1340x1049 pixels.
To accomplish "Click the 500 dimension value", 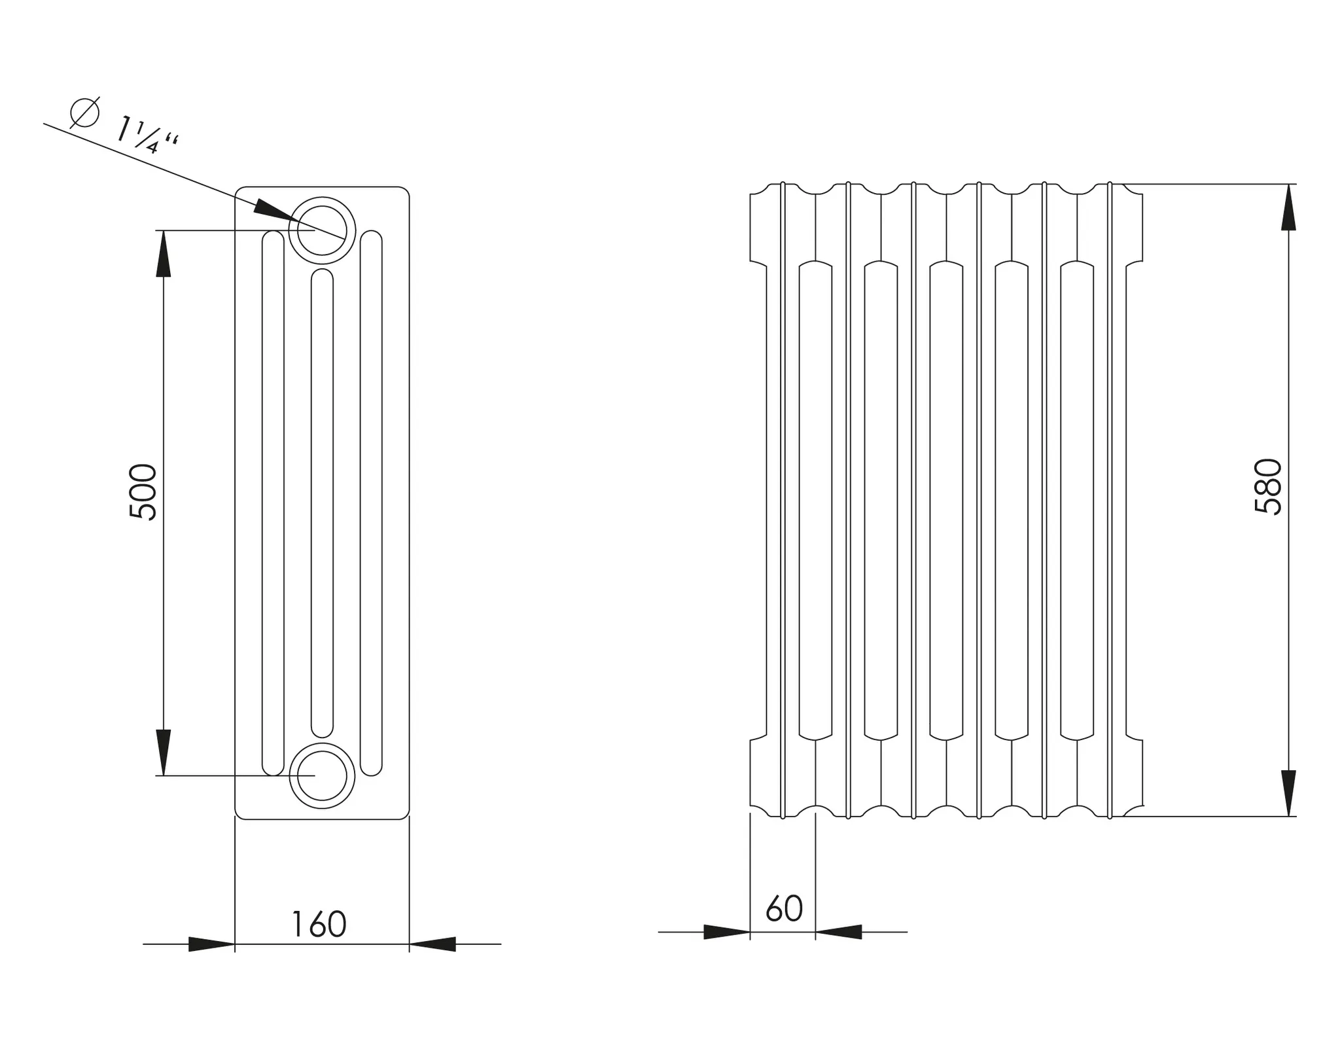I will (143, 491).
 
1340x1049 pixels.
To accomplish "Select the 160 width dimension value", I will (319, 924).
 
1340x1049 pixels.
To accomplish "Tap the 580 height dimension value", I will (1268, 487).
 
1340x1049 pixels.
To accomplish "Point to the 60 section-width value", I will (784, 908).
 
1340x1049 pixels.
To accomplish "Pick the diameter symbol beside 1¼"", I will (85, 113).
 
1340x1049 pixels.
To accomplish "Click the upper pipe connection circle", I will (322, 230).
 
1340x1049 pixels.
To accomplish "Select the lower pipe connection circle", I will (322, 775).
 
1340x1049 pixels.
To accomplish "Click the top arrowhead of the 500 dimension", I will (164, 254).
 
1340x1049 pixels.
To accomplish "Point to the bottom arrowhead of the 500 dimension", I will (164, 752).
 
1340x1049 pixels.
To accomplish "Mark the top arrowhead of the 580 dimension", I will (1288, 207).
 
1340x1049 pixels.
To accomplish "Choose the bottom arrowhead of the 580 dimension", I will (1288, 792).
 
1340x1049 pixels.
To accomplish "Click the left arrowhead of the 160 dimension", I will (211, 944).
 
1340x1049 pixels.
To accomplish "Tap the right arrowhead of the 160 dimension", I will (432, 944).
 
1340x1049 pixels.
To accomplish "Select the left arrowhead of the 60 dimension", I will (726, 932).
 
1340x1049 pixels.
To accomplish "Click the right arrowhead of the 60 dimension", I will (839, 932).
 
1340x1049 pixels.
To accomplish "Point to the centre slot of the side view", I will (322, 503).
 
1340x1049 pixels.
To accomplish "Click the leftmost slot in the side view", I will (273, 503).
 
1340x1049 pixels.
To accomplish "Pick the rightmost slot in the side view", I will (371, 503).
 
